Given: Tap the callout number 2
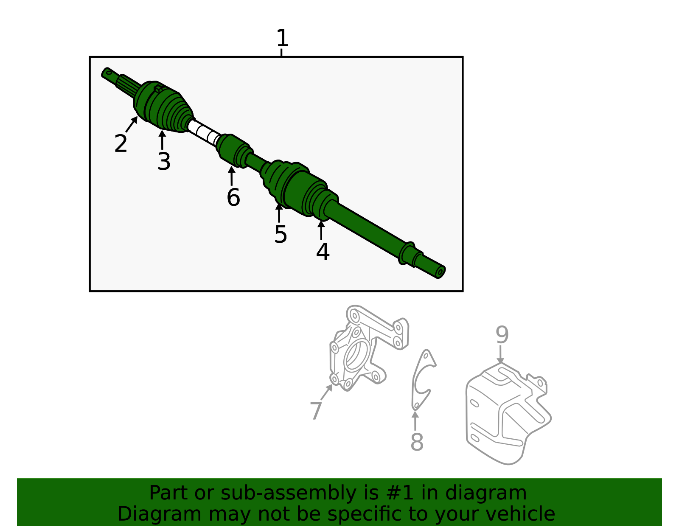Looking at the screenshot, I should coord(121,144).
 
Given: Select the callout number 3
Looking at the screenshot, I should coord(164,162).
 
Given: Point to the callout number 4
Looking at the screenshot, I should coord(323,252).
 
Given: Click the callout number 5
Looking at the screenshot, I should coord(281,234).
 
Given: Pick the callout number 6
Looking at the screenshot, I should coord(233,198).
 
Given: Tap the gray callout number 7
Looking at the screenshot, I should coord(316,411).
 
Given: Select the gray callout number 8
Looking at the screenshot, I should coord(417,442).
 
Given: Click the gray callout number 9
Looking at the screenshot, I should coord(502,335).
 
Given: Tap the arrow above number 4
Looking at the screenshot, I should coord(321,231).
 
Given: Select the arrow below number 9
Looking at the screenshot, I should coord(501,355).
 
